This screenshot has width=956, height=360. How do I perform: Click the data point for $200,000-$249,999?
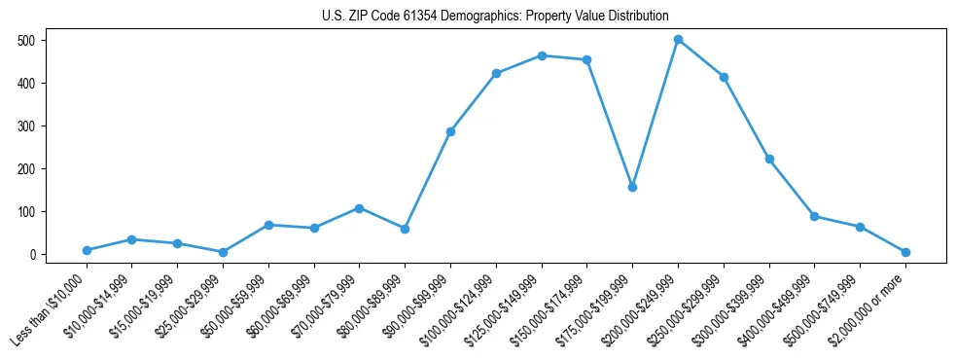pyautogui.click(x=678, y=40)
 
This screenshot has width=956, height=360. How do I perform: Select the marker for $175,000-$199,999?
pyautogui.click(x=632, y=187)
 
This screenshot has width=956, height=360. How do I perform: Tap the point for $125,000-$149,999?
pyautogui.click(x=542, y=55)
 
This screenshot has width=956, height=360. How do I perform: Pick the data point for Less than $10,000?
pyautogui.click(x=87, y=250)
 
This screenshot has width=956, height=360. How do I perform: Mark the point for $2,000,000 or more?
pyautogui.click(x=905, y=252)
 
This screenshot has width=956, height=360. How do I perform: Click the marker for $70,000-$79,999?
pyautogui.click(x=360, y=208)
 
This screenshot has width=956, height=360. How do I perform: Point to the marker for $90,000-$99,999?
pyautogui.click(x=450, y=131)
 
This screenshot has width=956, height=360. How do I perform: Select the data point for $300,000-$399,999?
pyautogui.click(x=769, y=159)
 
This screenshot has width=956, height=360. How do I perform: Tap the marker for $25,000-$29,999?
pyautogui.click(x=223, y=252)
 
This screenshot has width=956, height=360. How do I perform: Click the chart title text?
pyautogui.click(x=495, y=17)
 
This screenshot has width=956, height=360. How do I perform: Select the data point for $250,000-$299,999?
pyautogui.click(x=724, y=77)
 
